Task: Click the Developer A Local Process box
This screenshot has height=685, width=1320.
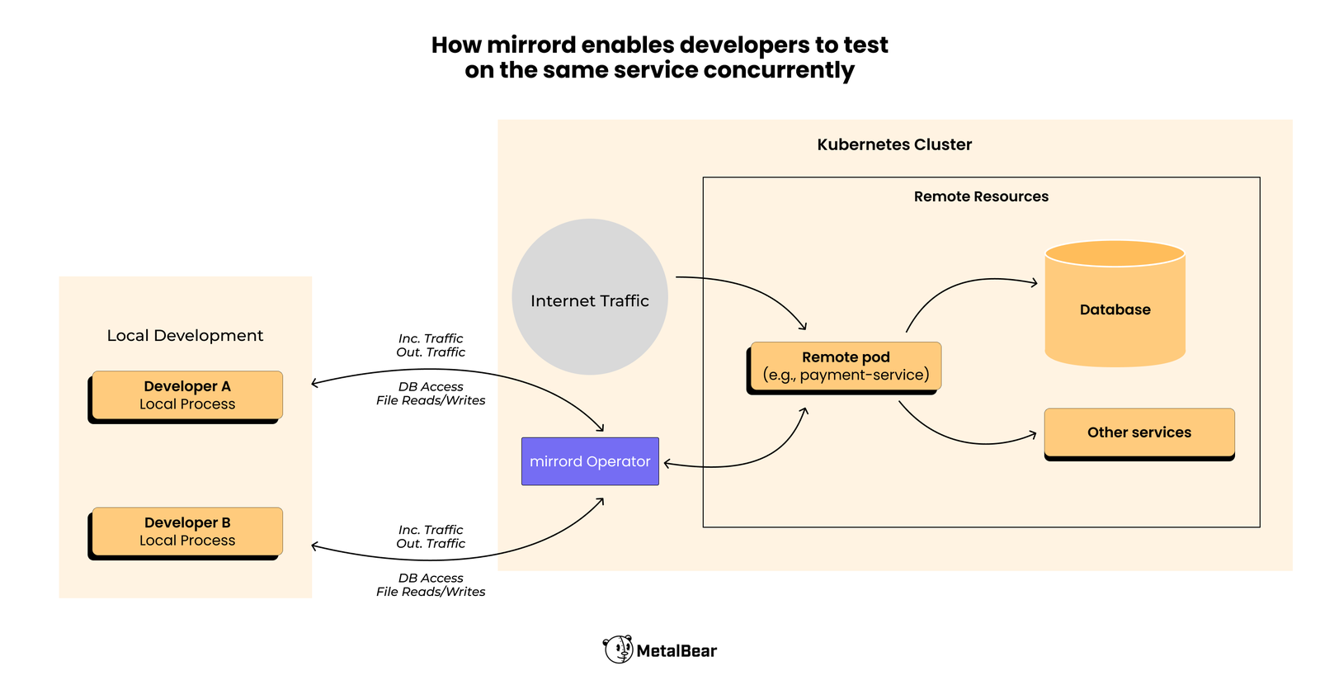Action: pyautogui.click(x=186, y=395)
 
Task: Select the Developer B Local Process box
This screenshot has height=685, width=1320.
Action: pyautogui.click(x=186, y=531)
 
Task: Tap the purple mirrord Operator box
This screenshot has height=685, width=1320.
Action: pyautogui.click(x=590, y=461)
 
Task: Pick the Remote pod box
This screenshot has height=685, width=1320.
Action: pyautogui.click(x=846, y=366)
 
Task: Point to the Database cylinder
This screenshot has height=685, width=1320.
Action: pyautogui.click(x=1115, y=309)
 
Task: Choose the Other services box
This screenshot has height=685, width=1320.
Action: pyautogui.click(x=1138, y=432)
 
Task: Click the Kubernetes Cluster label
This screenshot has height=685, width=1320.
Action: pyautogui.click(x=894, y=144)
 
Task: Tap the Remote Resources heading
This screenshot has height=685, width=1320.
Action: pyautogui.click(x=981, y=196)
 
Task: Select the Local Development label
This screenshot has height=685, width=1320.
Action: pyautogui.click(x=185, y=335)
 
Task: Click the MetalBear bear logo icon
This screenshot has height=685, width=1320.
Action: pyautogui.click(x=618, y=650)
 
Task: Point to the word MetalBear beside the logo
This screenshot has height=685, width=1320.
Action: pyautogui.click(x=676, y=651)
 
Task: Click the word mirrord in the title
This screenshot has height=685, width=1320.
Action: pyautogui.click(x=533, y=45)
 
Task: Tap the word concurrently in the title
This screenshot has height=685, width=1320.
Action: pyautogui.click(x=779, y=70)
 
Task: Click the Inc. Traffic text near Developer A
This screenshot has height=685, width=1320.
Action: pyautogui.click(x=431, y=338)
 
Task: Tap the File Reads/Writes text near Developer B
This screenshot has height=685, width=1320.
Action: pyautogui.click(x=431, y=592)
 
